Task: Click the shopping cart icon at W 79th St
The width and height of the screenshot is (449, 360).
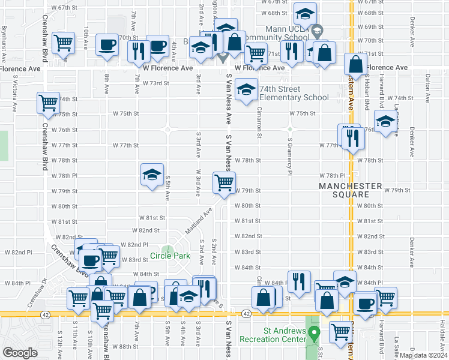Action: [x=224, y=182]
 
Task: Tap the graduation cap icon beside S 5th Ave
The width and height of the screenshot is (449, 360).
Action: [x=152, y=175]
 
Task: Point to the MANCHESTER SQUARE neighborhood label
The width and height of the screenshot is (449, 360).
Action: [x=351, y=190]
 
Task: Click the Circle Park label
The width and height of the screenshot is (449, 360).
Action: [x=170, y=256]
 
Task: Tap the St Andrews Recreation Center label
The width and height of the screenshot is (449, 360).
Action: [x=280, y=335]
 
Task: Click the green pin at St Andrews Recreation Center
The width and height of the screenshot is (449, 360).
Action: [x=312, y=335]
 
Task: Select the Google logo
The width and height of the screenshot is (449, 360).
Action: [x=20, y=352]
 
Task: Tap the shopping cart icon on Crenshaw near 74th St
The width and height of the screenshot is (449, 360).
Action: [x=48, y=103]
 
